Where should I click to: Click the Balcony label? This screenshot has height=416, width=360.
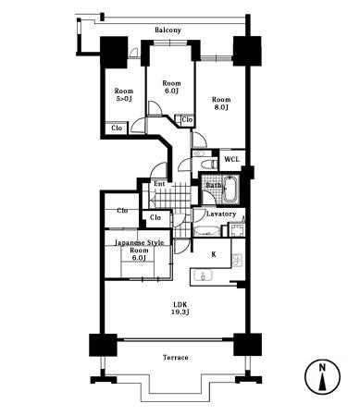168,31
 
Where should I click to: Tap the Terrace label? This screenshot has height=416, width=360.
176,358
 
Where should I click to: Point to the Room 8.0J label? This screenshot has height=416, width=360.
221,104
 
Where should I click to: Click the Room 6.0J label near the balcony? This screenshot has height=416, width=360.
171,87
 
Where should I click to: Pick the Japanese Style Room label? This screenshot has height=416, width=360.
139,251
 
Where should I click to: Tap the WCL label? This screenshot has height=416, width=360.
231,159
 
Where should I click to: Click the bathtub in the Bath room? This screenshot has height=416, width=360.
230,190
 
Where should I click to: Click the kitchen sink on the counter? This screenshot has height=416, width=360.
203,275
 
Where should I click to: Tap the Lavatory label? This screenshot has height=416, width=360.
221,214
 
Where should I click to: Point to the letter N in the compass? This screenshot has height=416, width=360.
322,367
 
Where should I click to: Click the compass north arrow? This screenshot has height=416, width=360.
322,382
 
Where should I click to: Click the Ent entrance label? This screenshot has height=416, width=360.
159,184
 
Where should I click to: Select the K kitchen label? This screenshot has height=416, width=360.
213,254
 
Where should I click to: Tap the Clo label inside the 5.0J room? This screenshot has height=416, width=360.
117,128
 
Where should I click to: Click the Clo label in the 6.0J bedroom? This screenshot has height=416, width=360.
187,119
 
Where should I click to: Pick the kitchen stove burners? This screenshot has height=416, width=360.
238,260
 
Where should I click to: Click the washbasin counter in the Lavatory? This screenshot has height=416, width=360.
206,231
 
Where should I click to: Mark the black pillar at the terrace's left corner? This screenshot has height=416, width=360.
103,345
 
